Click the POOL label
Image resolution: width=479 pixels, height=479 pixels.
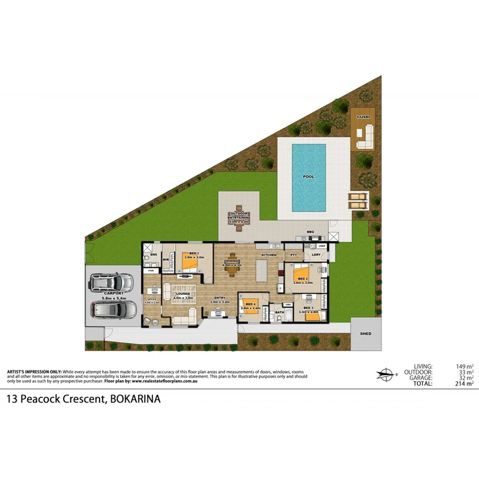308,177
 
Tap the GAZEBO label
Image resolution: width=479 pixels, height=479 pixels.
363,116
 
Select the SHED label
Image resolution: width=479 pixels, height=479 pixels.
366,334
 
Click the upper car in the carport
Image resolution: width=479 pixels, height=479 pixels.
111,282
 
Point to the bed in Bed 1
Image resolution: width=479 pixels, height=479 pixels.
191,263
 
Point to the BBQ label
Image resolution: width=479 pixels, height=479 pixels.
310,232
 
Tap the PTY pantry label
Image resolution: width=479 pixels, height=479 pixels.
293,255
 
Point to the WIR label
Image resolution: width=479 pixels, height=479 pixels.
166,260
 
